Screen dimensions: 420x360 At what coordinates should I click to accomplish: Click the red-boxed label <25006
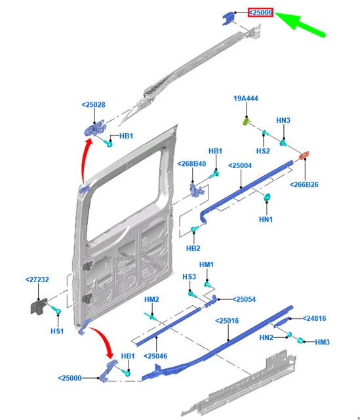[260, 12]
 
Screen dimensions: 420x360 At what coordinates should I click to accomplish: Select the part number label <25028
[94, 104]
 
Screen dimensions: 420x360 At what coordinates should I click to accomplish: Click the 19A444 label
[246, 98]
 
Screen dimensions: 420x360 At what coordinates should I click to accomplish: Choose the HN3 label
[283, 120]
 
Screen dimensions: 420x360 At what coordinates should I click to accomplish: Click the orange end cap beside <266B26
[304, 156]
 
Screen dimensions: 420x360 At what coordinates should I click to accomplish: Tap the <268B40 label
[191, 163]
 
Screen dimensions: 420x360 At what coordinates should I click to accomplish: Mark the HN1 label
[266, 219]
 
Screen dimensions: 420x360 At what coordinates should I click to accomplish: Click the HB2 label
[193, 248]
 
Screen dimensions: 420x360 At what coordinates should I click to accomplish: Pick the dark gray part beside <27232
[38, 307]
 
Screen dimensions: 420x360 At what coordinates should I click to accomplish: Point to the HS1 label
[58, 331]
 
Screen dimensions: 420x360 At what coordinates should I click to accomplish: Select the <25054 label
[244, 299]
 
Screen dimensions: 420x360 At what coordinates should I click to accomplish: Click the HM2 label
[151, 299]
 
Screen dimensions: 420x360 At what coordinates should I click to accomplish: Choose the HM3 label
[323, 342]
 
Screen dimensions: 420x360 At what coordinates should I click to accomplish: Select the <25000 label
[70, 378]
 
